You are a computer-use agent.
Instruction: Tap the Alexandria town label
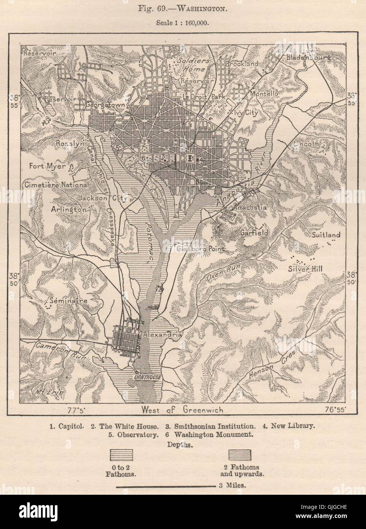pos(161,335)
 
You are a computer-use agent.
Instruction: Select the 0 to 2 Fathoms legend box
pos(122,455)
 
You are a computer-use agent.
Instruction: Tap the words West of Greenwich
pos(182,410)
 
